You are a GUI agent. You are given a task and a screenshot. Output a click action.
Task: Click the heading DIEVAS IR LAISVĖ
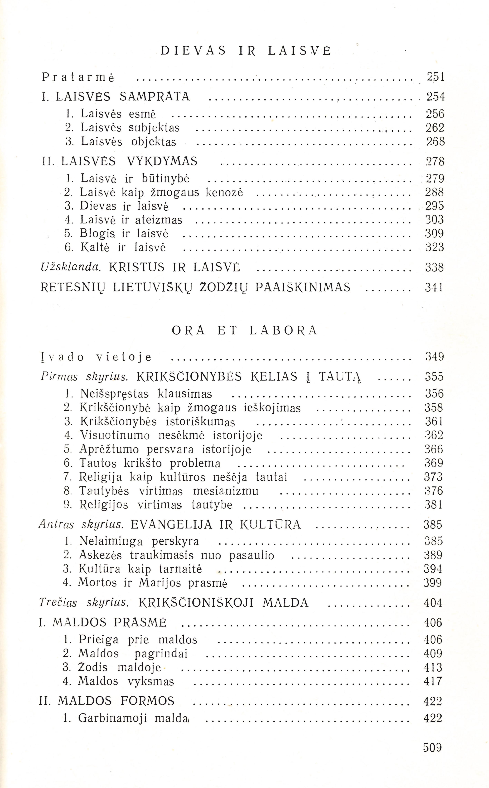coord(246,51)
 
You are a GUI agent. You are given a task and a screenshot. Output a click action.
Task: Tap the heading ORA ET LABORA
coord(244,330)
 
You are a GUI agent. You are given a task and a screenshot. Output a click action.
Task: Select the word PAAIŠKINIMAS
coord(303,287)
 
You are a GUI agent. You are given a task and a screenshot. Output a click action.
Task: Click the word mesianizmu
coord(226,491)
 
